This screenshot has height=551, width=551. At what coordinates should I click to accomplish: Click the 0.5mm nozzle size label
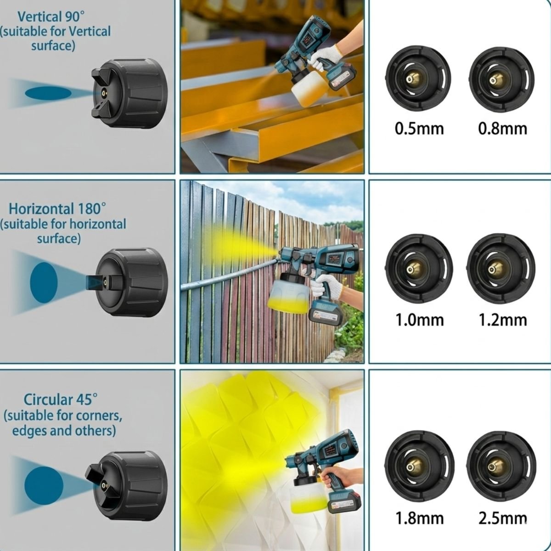coord(419,129)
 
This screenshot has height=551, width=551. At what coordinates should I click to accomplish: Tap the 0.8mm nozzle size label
coord(503,129)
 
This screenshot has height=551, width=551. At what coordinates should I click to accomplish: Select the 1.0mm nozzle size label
coord(420,320)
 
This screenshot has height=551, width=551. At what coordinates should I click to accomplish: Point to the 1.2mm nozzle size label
coord(503,320)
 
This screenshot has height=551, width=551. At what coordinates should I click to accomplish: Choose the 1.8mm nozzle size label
coord(420,518)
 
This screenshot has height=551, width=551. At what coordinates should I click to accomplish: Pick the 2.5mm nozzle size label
coord(503,518)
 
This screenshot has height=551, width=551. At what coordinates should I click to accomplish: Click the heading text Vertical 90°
coord(51,17)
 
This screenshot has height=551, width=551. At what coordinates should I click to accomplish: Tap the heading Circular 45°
coord(61,399)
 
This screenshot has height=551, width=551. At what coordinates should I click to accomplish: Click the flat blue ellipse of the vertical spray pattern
coord(48,93)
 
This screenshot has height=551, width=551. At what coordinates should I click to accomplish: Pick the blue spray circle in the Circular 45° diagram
coord(44,485)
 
